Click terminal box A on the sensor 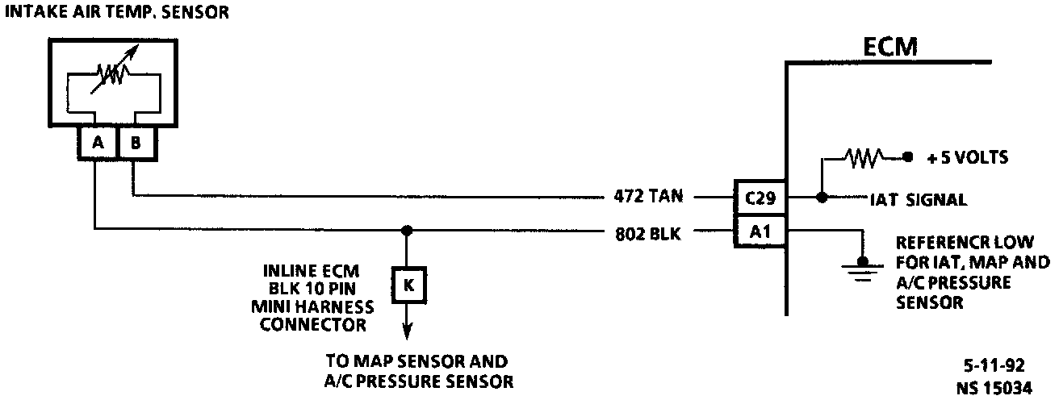(x=98, y=143)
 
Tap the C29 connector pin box (x=759, y=196)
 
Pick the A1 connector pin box (x=759, y=232)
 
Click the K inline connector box (x=407, y=285)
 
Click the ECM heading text (x=889, y=47)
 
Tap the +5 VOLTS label (x=968, y=157)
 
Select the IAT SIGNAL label (x=918, y=200)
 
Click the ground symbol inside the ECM (x=862, y=265)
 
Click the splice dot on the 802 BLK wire (x=407, y=231)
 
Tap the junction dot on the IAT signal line (x=821, y=196)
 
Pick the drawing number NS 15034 (x=994, y=387)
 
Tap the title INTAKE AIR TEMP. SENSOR (x=117, y=11)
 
